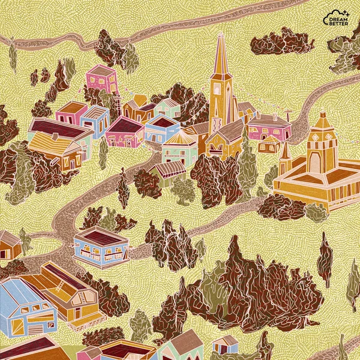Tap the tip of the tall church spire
coord(220,34)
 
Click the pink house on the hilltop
coord(101,79)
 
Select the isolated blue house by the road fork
coord(101,247)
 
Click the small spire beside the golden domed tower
coord(286,157)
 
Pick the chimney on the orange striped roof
coord(55,137)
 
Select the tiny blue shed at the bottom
coord(225,344)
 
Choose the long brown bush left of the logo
coord(281,41)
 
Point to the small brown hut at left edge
coord(8,245)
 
